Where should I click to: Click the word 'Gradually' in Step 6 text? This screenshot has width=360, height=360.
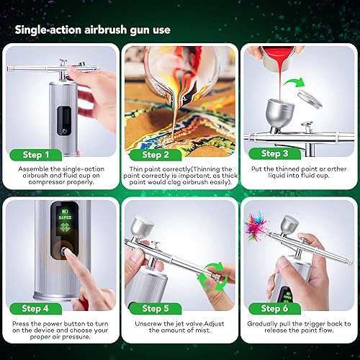click(264, 323)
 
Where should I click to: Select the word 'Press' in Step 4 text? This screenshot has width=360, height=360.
click(22, 323)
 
